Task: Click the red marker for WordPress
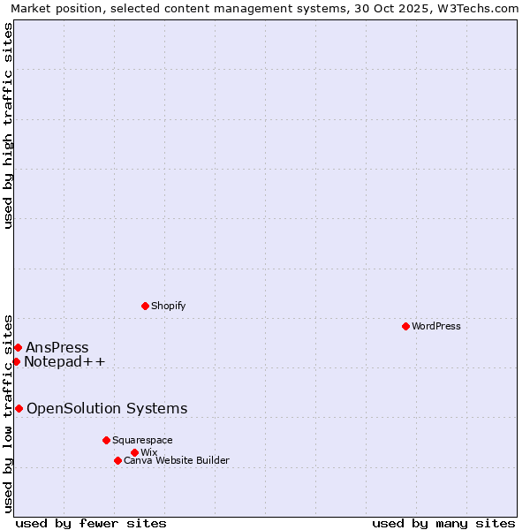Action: (405, 326)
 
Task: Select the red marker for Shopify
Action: (145, 306)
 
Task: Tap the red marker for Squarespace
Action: (106, 440)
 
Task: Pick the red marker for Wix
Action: (134, 452)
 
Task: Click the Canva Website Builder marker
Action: (117, 460)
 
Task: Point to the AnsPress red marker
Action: (18, 347)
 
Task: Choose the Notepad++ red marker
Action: (16, 361)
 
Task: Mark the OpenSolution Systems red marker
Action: (19, 408)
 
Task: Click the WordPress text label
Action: (436, 326)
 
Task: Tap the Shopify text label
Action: (169, 306)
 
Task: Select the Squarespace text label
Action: (142, 440)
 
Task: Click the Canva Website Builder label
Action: (177, 460)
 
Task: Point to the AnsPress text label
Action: (57, 347)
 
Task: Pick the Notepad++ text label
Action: (64, 361)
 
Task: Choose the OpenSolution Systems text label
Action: (107, 408)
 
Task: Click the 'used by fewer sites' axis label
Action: (91, 523)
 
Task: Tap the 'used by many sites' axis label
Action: (443, 523)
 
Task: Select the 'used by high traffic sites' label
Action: (8, 125)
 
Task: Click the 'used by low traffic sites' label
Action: (8, 412)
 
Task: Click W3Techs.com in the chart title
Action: (483, 9)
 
